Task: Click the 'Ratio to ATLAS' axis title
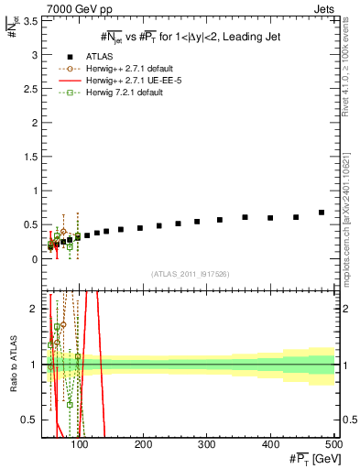coord(12,365)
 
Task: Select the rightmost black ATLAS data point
coord(322,213)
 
